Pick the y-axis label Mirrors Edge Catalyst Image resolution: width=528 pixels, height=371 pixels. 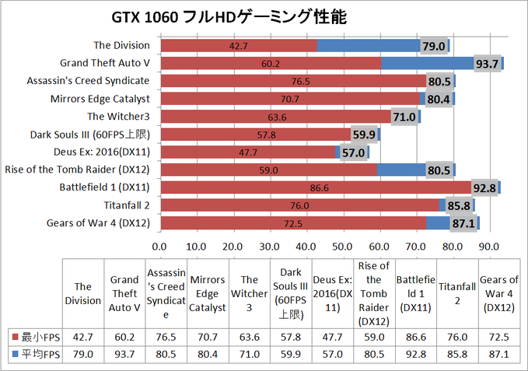[x=106, y=99]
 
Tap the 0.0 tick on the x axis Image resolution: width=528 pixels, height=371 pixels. [x=160, y=246]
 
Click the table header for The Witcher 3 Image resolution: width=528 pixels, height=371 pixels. [x=250, y=293]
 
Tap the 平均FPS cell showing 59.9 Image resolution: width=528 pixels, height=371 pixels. [x=291, y=355]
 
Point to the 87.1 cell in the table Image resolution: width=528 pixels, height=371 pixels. [x=499, y=355]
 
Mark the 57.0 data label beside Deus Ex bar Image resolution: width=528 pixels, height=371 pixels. [x=354, y=152]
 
